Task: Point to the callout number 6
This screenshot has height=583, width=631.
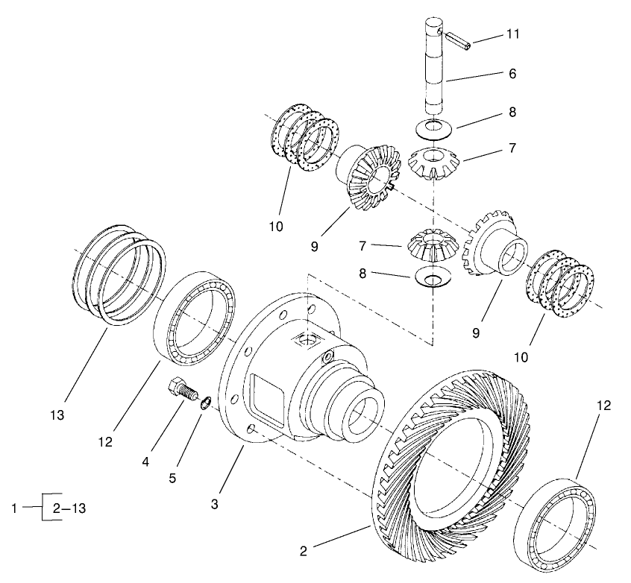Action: point(512,74)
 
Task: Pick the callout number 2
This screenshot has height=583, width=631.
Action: point(303,552)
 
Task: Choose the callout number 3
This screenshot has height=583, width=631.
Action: point(214,504)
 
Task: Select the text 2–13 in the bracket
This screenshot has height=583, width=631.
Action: point(69,508)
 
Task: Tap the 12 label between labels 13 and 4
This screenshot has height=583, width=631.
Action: point(104,441)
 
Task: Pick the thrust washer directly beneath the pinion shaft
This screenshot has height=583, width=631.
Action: point(434,127)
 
